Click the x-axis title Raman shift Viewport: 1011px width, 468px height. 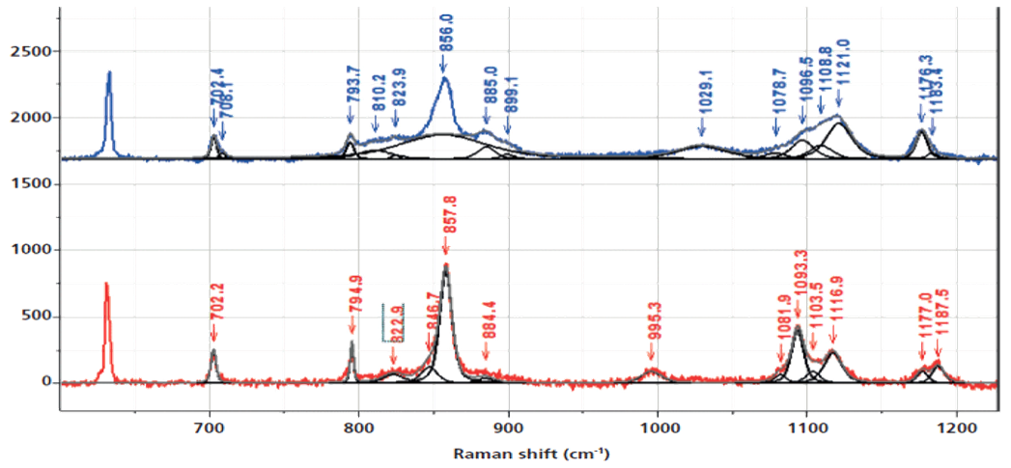[x=530, y=453]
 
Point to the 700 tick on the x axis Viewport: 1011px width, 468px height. [x=210, y=422]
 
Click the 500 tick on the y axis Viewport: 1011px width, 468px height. [x=39, y=316]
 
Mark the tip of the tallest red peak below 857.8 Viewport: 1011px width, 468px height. [x=445, y=264]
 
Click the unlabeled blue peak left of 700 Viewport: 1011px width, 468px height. [x=109, y=73]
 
